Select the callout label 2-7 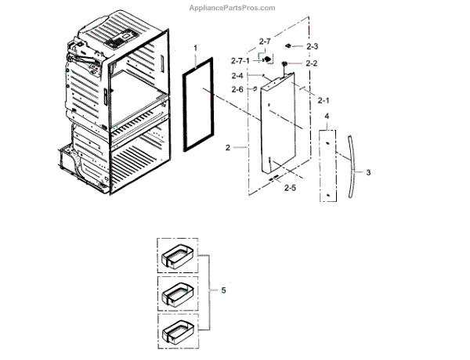pos(265,41)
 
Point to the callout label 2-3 pos(312,48)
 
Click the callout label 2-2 pos(312,63)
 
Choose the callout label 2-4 pos(237,76)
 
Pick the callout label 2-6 pos(237,90)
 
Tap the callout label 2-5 pos(290,189)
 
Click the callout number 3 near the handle pos(368,171)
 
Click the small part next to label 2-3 pos(290,47)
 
